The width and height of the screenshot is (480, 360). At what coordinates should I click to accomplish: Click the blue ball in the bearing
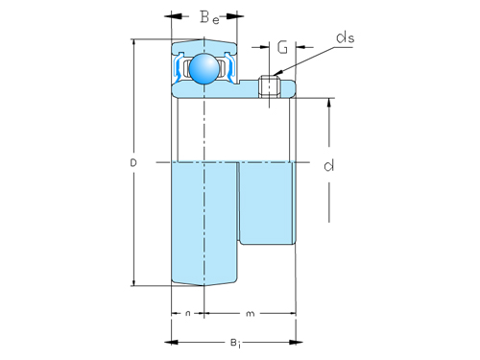tap(204, 68)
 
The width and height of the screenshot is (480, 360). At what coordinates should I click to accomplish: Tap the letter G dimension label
tap(282, 46)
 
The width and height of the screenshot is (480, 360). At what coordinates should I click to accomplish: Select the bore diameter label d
tap(329, 166)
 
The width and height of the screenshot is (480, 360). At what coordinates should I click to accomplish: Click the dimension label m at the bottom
tap(250, 313)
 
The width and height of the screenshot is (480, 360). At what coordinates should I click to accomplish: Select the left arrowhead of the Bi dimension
tap(176, 341)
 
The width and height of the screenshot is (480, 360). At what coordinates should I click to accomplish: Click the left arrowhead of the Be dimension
tap(176, 16)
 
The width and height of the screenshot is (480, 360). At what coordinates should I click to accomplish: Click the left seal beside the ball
tap(180, 68)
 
